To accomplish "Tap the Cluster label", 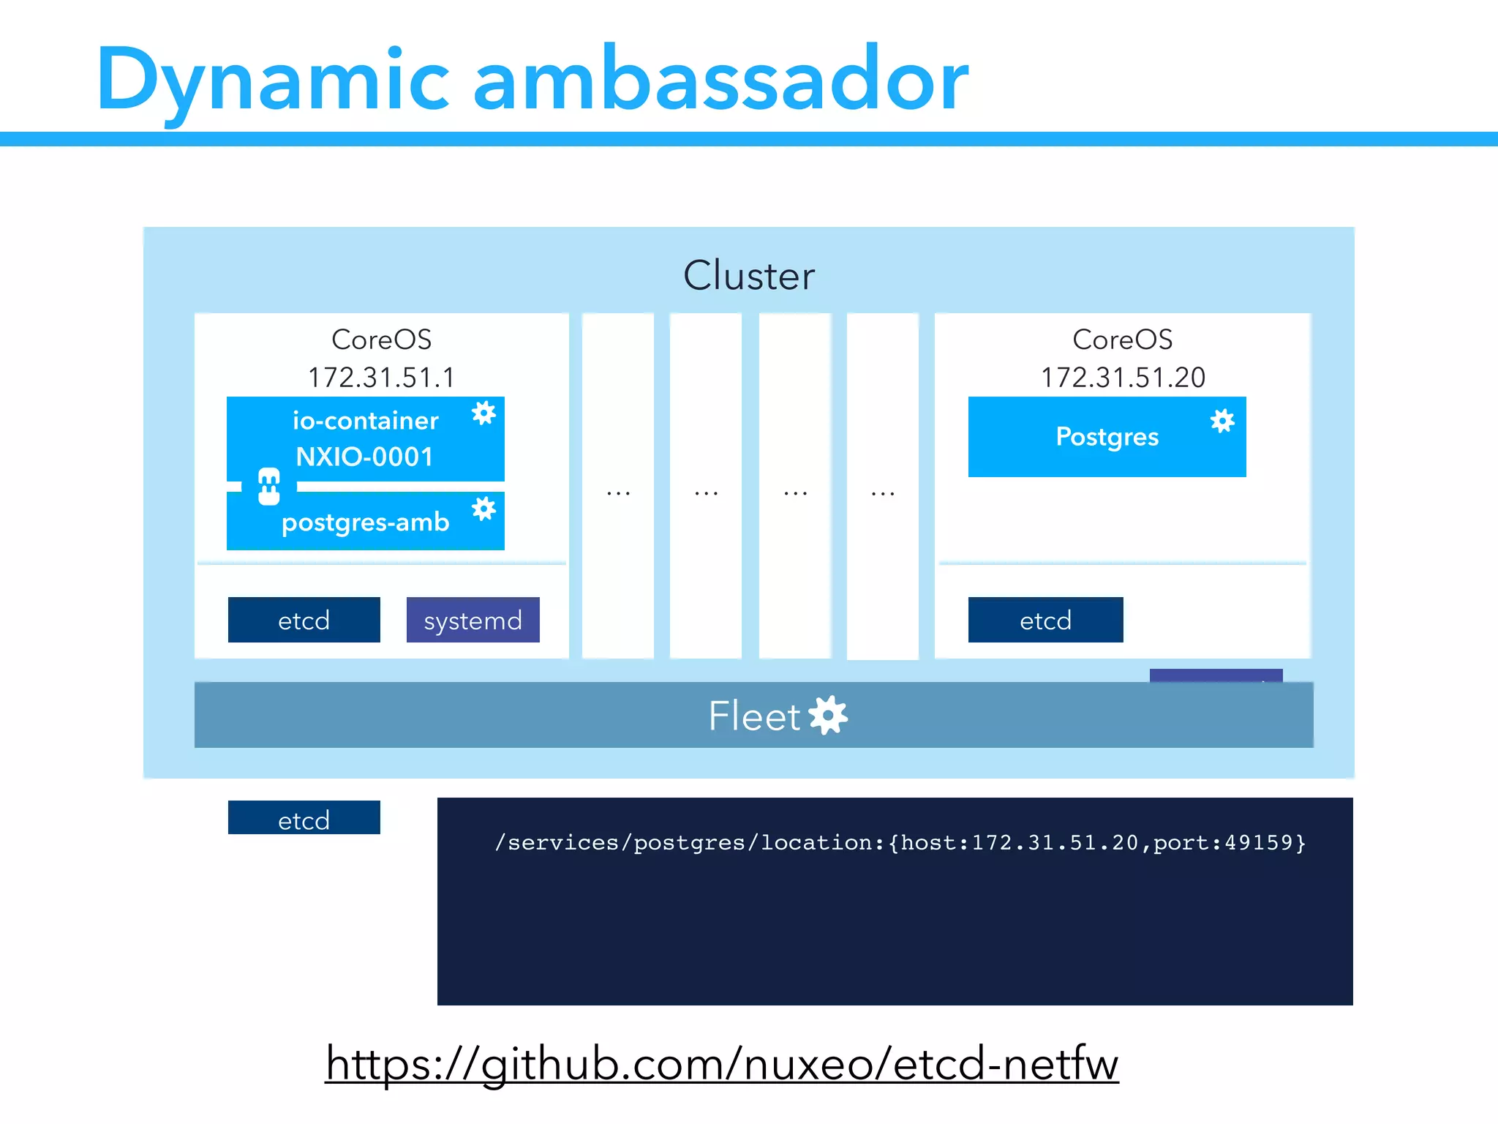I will click(748, 275).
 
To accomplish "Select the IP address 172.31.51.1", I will click(381, 378).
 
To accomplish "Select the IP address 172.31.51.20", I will click(1123, 378).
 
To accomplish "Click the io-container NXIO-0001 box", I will click(365, 438).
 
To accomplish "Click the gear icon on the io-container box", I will click(483, 413).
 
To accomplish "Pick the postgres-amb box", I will click(365, 522).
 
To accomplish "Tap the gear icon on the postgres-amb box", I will click(483, 509).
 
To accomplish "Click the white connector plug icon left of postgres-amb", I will click(269, 487).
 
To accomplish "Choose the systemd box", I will click(473, 620).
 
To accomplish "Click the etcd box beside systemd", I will click(304, 620).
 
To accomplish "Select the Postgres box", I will click(1107, 437).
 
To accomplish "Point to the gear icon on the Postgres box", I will click(1222, 421).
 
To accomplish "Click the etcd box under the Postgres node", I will click(1045, 620).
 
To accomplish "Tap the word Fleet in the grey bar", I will click(754, 715).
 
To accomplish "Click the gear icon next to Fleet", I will click(829, 715).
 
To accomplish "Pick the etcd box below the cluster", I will click(304, 818).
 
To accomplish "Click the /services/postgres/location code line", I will click(900, 842).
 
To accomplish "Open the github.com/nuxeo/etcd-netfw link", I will click(722, 1063).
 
